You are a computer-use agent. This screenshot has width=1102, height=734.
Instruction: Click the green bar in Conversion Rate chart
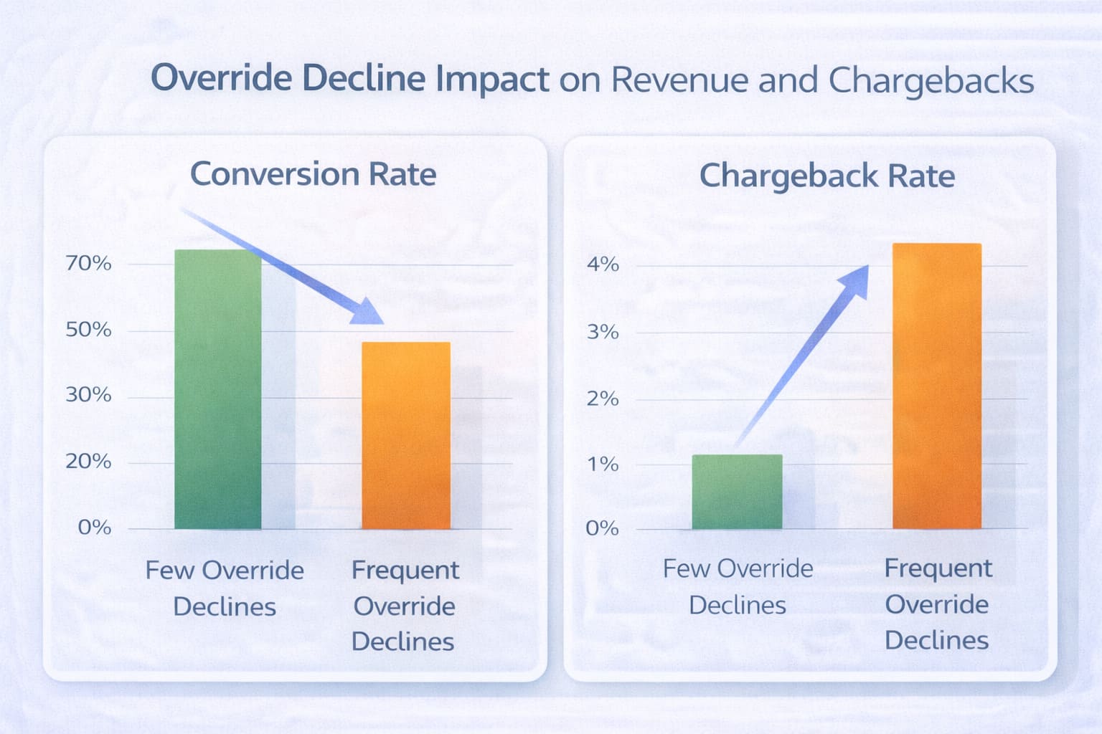pyautogui.click(x=218, y=391)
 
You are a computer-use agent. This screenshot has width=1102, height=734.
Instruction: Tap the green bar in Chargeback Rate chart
pyautogui.click(x=737, y=492)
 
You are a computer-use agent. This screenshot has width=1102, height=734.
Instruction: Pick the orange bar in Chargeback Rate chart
pyautogui.click(x=937, y=387)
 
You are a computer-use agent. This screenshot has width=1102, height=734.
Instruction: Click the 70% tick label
pyautogui.click(x=88, y=264)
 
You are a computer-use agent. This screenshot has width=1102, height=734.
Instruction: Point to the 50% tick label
pyautogui.click(x=88, y=330)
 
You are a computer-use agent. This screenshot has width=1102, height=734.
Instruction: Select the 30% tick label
pyautogui.click(x=88, y=395)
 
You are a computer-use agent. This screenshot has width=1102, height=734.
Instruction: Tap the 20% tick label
pyautogui.click(x=88, y=461)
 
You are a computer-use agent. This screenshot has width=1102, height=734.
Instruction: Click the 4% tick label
pyautogui.click(x=603, y=264)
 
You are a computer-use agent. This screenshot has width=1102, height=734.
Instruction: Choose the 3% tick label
pyautogui.click(x=603, y=332)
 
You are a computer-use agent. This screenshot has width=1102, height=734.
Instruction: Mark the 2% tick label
pyautogui.click(x=603, y=399)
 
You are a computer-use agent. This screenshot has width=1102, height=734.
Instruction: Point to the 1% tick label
pyautogui.click(x=603, y=464)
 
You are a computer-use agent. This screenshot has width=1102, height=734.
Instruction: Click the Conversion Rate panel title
pyautogui.click(x=313, y=174)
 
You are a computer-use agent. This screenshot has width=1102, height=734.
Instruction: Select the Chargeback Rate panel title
pyautogui.click(x=826, y=176)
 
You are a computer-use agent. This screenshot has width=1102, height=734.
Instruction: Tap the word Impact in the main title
pyautogui.click(x=492, y=79)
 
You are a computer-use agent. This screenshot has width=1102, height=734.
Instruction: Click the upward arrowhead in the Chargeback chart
pyautogui.click(x=855, y=280)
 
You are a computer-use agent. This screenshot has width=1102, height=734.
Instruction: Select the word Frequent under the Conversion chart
pyautogui.click(x=405, y=571)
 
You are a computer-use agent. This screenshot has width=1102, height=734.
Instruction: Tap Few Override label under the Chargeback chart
pyautogui.click(x=738, y=568)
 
